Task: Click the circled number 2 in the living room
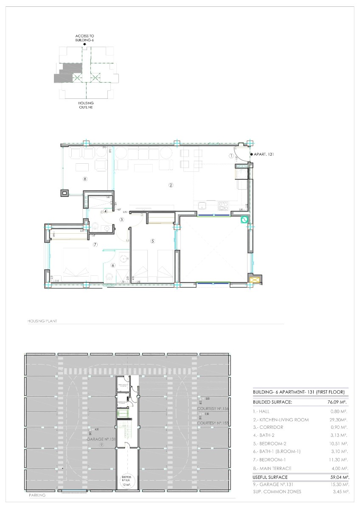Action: [171, 185]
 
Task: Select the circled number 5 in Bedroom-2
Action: [152, 241]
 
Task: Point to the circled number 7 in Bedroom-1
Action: [96, 244]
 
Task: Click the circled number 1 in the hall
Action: [231, 156]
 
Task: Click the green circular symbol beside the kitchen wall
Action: [244, 220]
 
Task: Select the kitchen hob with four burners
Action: [223, 206]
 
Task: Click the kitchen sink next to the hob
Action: [203, 206]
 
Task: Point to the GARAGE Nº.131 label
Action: [101, 439]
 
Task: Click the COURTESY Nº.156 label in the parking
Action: [213, 408]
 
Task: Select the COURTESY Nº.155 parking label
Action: [213, 423]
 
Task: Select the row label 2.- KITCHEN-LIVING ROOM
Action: [280, 420]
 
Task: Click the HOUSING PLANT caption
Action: [42, 322]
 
